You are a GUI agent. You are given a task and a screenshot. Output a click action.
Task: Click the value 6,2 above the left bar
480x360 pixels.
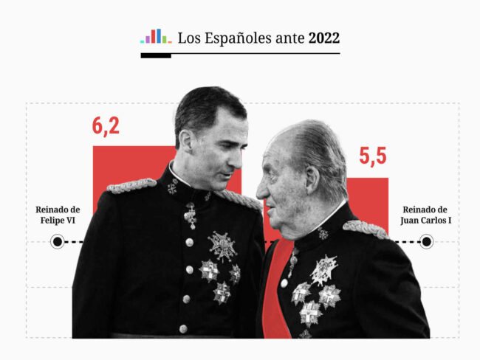tap(106, 125)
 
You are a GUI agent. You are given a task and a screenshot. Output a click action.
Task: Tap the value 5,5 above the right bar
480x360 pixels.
tap(373, 156)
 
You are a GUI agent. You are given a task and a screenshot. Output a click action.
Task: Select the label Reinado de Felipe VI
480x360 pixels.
tap(58, 215)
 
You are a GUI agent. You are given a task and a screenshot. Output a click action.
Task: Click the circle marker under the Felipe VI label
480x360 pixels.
tap(57, 242)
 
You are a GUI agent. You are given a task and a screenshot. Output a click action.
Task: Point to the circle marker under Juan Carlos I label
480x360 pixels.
tap(427, 242)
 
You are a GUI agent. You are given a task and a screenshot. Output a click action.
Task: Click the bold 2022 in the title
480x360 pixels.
tap(324, 38)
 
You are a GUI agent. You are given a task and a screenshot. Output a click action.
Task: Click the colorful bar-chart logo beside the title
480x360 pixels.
tap(156, 36)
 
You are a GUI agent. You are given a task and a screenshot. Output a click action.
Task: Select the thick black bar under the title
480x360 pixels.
tap(156, 55)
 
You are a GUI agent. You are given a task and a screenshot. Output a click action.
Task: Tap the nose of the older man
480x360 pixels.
tap(262, 190)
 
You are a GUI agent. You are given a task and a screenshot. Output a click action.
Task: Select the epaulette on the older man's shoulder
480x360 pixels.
tap(365, 229)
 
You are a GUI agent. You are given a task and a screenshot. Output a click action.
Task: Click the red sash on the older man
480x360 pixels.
tap(275, 295)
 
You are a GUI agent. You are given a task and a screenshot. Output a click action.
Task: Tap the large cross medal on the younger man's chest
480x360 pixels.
tap(222, 246)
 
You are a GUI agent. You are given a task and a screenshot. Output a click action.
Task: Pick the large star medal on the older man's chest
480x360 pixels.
tap(324, 270)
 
